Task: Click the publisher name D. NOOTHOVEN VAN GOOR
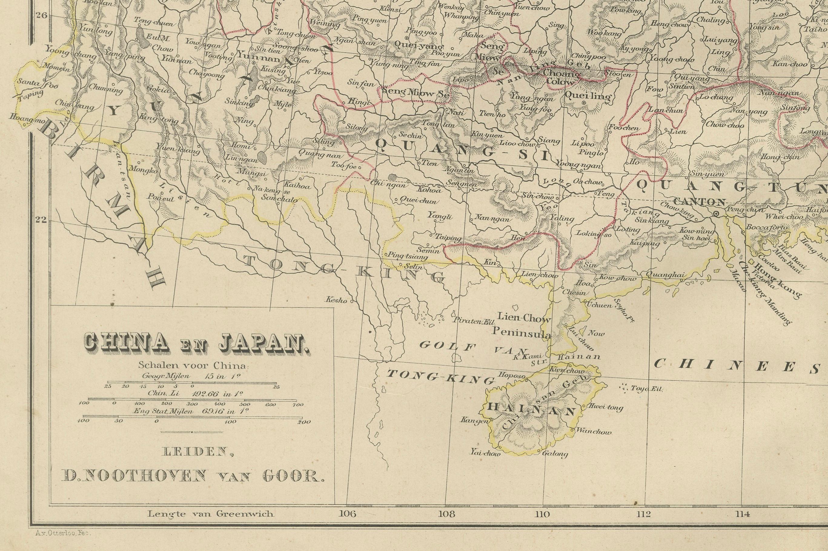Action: click(193, 476)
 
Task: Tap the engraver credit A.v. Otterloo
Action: click(63, 533)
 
